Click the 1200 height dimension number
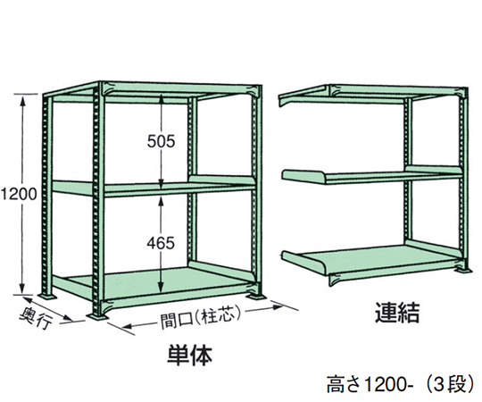[x=19, y=194]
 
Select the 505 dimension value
[x=161, y=141]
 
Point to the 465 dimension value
[x=161, y=243]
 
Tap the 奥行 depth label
[x=36, y=318]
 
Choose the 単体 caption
[x=189, y=356]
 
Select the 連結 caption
[x=397, y=312]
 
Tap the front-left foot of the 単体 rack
[x=98, y=315]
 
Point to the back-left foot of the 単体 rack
[x=47, y=296]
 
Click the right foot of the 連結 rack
[x=463, y=270]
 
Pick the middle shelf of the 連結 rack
[x=372, y=175]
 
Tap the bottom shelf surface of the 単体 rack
[x=160, y=280]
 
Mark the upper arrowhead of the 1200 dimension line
[x=22, y=99]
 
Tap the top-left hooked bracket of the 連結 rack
[x=303, y=96]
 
